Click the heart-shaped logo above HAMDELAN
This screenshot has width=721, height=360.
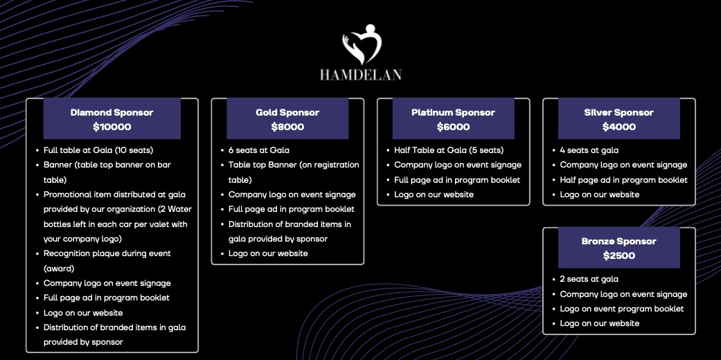click(362, 44)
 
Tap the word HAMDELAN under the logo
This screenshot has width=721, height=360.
click(361, 75)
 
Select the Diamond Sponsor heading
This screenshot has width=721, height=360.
click(112, 113)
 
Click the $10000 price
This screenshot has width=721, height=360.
click(112, 127)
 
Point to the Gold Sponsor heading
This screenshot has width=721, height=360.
click(287, 113)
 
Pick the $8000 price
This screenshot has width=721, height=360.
click(287, 127)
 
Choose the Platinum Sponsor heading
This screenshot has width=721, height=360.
click(454, 113)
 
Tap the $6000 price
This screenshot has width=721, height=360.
click(454, 127)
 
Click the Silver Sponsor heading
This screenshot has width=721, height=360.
click(619, 113)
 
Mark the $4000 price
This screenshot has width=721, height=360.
click(619, 127)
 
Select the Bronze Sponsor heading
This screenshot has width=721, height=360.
click(619, 242)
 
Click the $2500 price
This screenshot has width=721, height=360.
click(619, 255)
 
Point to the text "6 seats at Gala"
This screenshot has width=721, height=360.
click(259, 150)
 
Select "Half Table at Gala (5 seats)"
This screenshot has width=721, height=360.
click(449, 150)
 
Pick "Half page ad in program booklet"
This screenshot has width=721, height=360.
click(623, 180)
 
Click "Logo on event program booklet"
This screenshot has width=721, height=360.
click(622, 309)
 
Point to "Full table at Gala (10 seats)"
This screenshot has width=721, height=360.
click(98, 150)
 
